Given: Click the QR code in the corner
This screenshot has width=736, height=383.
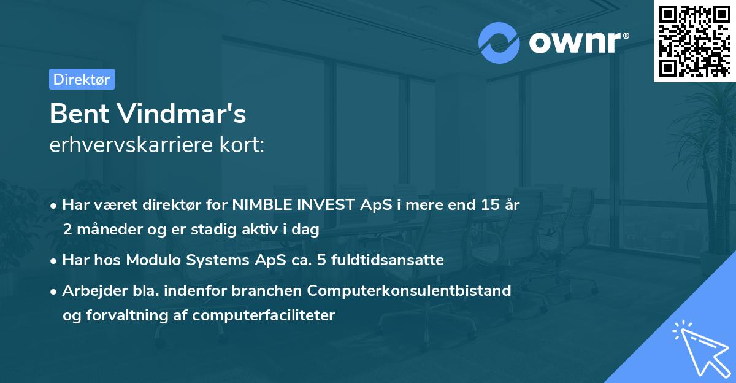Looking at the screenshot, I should click(694, 41).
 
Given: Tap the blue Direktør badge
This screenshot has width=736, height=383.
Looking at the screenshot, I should click(82, 79).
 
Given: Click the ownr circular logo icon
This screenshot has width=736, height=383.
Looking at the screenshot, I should click(499, 42).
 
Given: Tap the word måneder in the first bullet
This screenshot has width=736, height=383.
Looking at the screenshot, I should click(106, 230).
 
